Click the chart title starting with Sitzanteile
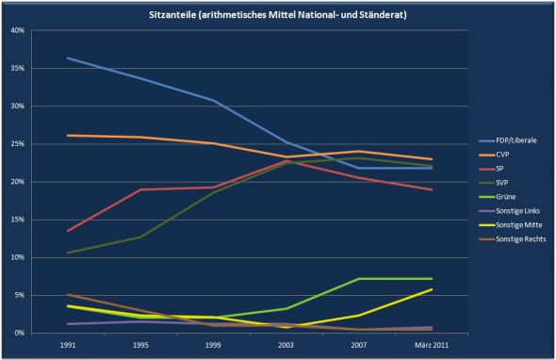[x=278, y=15]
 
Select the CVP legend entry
[x=494, y=155]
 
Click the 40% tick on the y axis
[x=17, y=30]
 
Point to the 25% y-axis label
[x=17, y=143]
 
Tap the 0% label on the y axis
[x=19, y=333]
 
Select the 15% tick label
[x=17, y=220]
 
